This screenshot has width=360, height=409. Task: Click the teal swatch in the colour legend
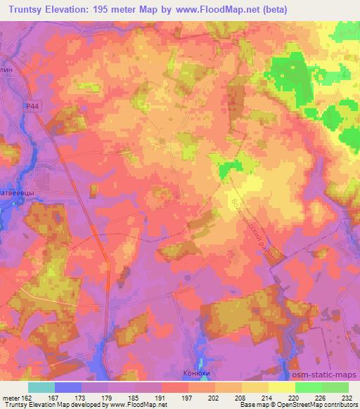point(41,387)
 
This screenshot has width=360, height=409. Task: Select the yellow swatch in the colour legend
point(282,387)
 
